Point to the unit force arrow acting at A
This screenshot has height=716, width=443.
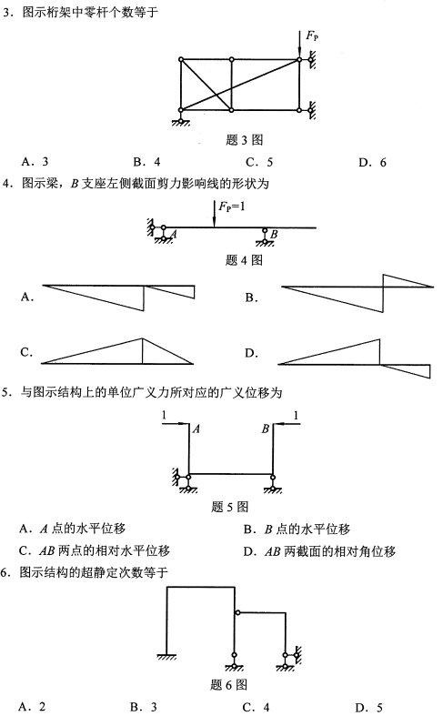(x=174, y=423)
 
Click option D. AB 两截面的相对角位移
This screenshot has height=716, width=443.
(x=319, y=550)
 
